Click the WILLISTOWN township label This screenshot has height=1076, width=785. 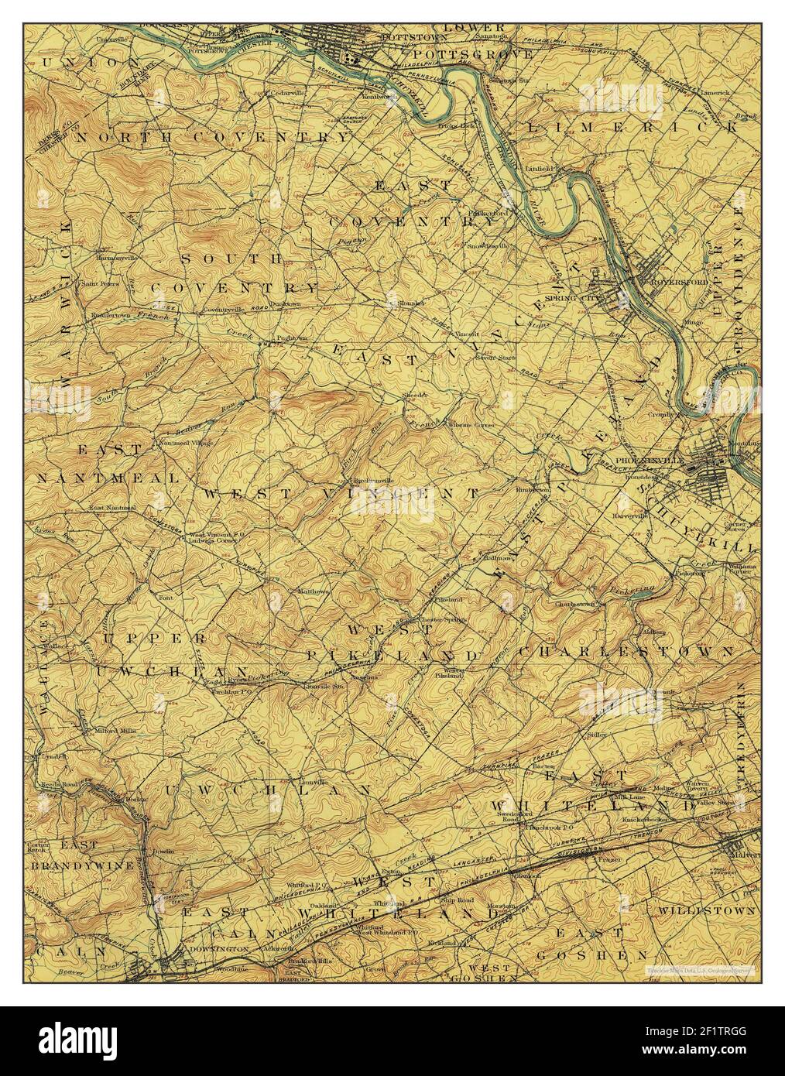coord(706,911)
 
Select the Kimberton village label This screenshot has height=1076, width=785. coord(533,490)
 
